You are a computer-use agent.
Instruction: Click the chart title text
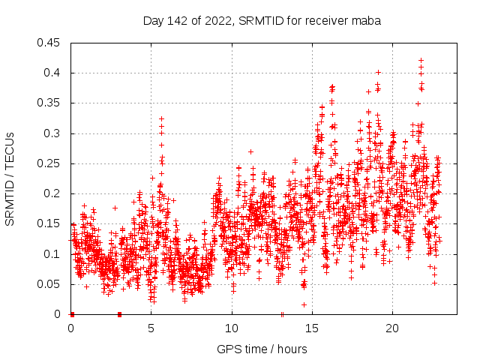(x=262, y=21)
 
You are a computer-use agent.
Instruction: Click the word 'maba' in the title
(x=367, y=21)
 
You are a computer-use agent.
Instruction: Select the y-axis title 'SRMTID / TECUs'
(x=10, y=178)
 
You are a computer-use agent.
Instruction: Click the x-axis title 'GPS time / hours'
(x=262, y=349)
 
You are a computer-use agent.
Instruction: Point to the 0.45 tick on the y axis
(x=49, y=43)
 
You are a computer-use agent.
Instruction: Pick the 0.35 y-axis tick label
(x=49, y=103)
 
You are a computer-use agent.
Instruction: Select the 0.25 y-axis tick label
(x=49, y=163)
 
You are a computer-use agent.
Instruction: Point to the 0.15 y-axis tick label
(x=49, y=223)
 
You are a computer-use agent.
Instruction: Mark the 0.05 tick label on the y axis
(x=49, y=284)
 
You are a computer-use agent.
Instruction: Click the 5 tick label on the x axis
(x=151, y=328)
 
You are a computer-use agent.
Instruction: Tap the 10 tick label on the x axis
(x=232, y=328)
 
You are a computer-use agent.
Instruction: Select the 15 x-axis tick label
(x=312, y=328)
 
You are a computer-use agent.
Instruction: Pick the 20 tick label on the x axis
(x=392, y=328)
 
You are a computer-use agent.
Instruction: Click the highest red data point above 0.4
(x=421, y=60)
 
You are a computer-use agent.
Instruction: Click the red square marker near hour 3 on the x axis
(x=120, y=314)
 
